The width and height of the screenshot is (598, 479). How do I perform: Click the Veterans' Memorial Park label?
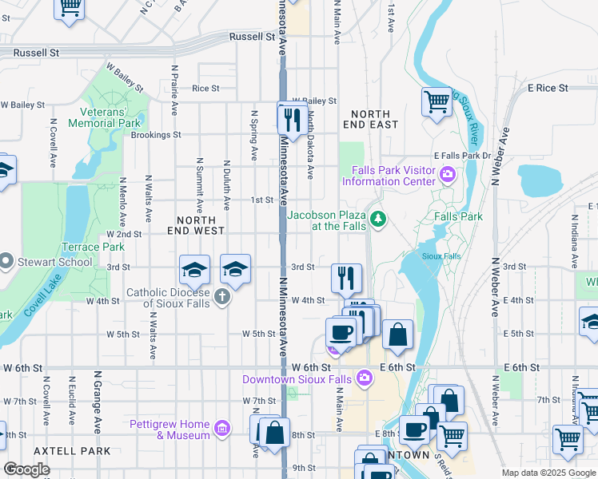click(104, 117)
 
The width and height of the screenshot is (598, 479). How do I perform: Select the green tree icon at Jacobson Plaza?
click(377, 217)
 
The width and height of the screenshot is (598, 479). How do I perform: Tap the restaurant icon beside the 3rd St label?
click(346, 278)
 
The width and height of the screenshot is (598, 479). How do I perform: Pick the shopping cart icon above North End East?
click(437, 102)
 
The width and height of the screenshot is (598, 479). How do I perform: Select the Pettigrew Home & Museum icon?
click(222, 429)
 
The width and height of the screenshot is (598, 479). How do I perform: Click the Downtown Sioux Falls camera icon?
click(365, 377)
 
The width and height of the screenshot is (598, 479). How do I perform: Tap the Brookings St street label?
click(155, 135)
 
